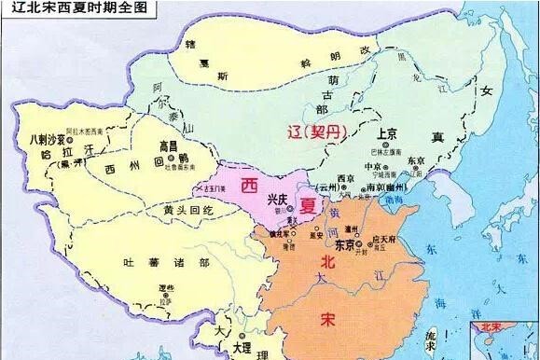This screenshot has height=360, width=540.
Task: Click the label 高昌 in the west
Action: pyautogui.click(x=167, y=147)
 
